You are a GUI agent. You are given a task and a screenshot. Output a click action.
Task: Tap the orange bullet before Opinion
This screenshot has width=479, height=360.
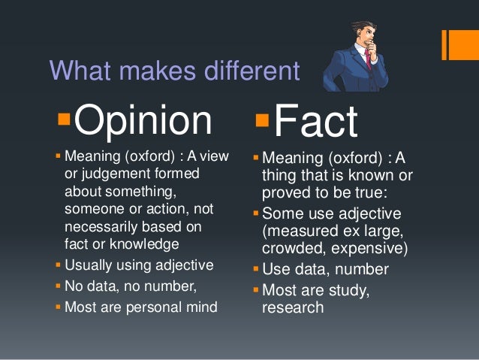point(62,120)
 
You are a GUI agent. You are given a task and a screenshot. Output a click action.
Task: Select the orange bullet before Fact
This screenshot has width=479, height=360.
point(261,120)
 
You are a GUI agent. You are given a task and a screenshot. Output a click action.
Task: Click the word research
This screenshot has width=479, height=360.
point(293,307)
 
